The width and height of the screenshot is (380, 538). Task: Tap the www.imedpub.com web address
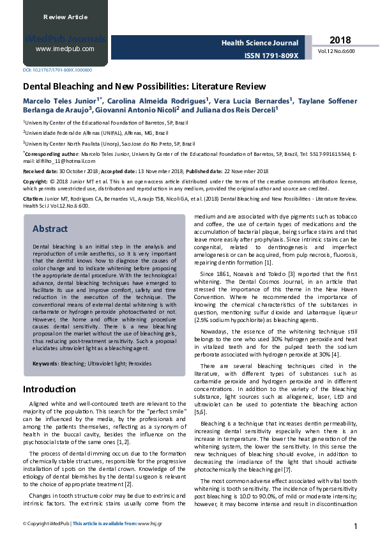pyautogui.click(x=65, y=49)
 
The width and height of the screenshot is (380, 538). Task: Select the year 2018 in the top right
pyautogui.click(x=339, y=40)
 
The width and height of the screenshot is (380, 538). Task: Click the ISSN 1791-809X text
pyautogui.click(x=271, y=56)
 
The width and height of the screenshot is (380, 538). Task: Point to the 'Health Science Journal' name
pyautogui.click(x=260, y=42)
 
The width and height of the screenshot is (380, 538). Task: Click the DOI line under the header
pyautogui.click(x=57, y=70)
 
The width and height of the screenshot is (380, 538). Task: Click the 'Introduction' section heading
pyautogui.click(x=49, y=389)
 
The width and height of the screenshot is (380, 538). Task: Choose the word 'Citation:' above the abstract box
pyautogui.click(x=35, y=199)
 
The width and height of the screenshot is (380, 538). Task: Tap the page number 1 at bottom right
pyautogui.click(x=354, y=526)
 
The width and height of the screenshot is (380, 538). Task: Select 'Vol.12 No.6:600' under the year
pyautogui.click(x=337, y=50)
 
